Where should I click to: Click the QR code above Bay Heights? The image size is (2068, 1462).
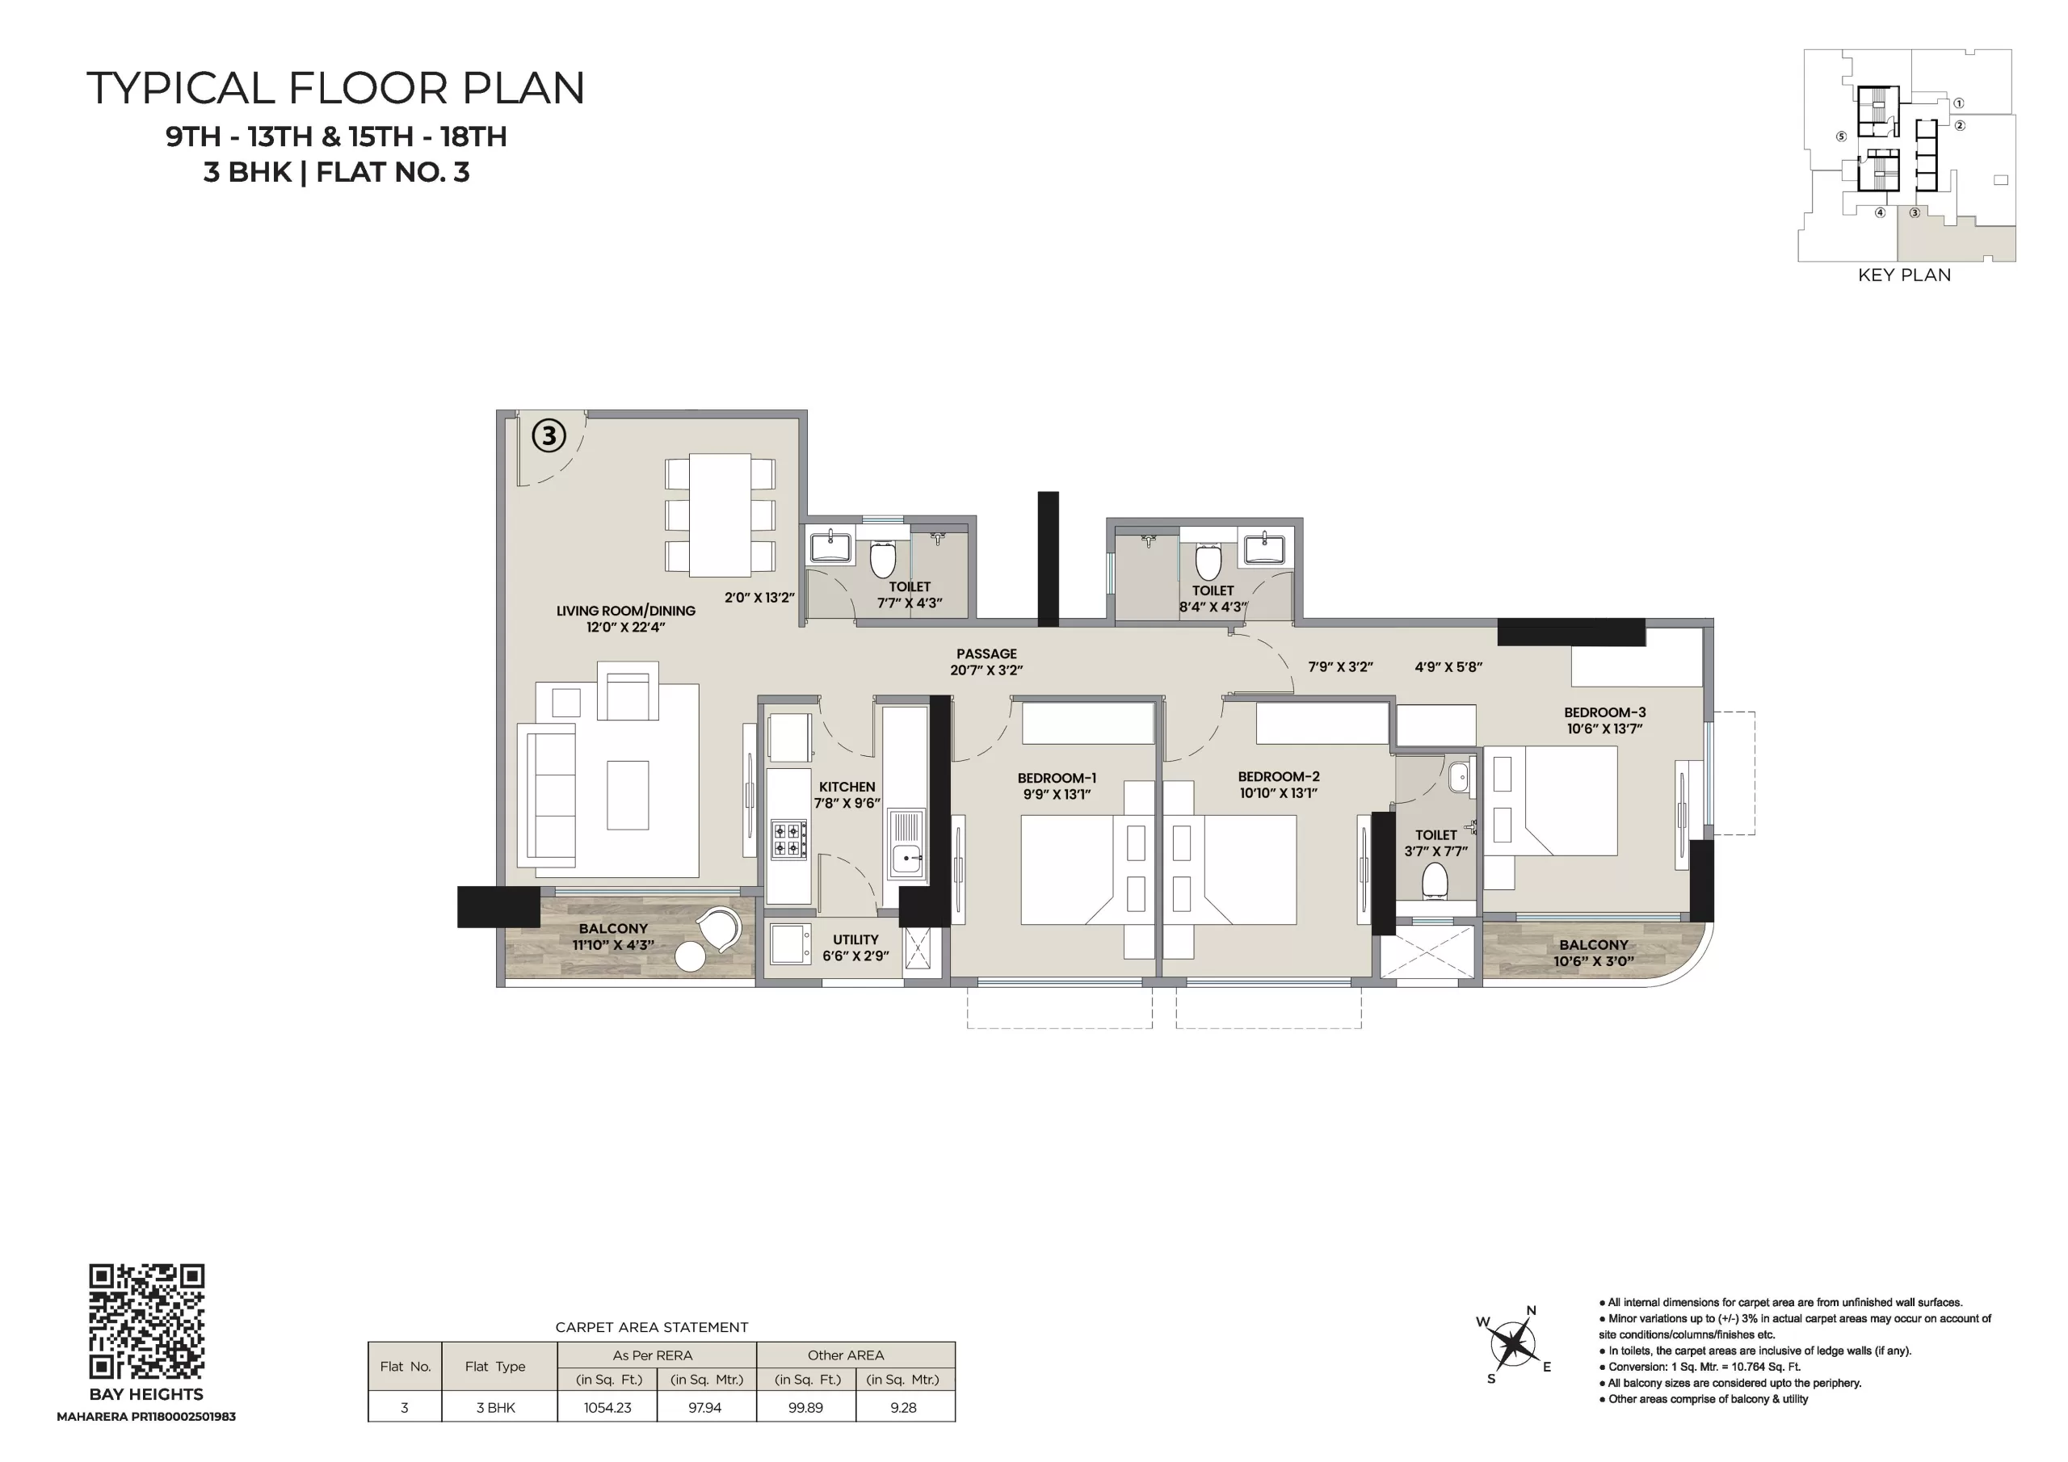point(147,1321)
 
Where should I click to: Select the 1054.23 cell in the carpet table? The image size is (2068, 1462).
point(608,1407)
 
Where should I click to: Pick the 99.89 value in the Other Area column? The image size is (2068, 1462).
point(805,1407)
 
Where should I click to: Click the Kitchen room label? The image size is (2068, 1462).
point(847,787)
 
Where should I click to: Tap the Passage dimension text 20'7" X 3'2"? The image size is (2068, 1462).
point(986,670)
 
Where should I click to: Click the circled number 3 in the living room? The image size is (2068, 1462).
point(549,436)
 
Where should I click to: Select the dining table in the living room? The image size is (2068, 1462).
point(721,515)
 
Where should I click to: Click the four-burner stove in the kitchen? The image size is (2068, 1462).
point(788,838)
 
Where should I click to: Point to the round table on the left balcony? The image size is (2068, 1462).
point(690,956)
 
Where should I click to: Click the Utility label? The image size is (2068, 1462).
point(855,939)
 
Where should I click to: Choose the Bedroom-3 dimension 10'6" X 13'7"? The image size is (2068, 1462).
point(1604,729)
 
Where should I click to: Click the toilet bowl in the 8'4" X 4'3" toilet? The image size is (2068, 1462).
point(1208,561)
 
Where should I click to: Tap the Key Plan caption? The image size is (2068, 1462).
point(1904,275)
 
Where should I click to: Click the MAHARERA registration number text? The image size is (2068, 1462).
point(146,1417)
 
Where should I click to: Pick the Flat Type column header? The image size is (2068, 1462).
point(494,1367)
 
